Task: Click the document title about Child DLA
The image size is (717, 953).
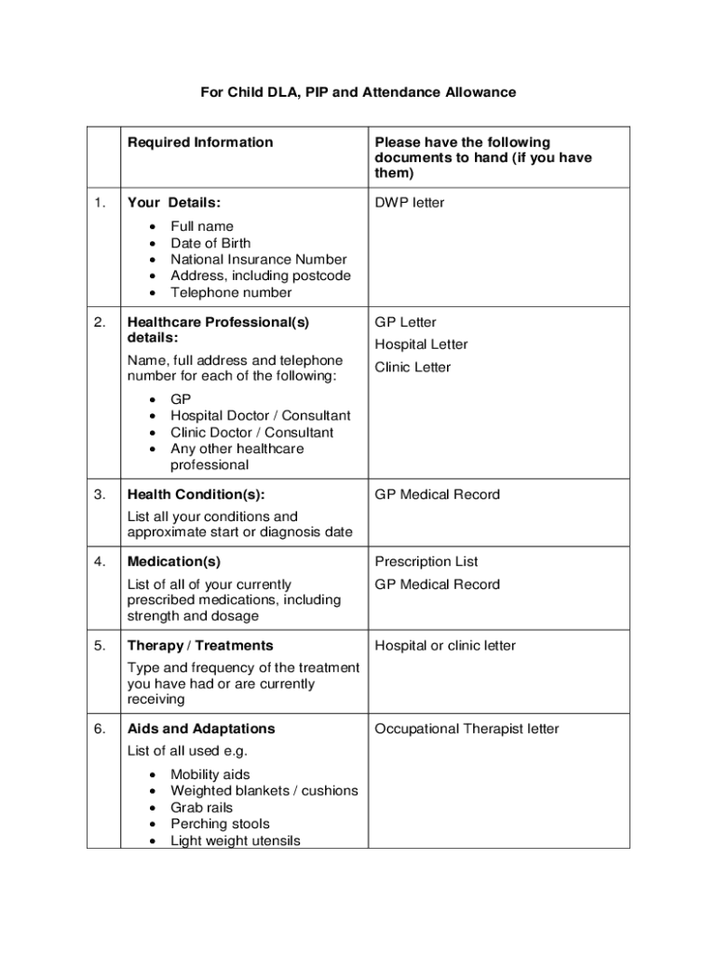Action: [x=358, y=93]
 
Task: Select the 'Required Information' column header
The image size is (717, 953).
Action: [x=200, y=142]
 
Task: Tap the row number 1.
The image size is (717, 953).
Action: [x=101, y=203]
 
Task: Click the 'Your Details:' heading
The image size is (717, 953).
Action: [x=174, y=203]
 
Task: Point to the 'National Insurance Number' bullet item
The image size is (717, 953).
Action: [x=258, y=260]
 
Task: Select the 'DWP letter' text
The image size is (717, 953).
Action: [x=410, y=203]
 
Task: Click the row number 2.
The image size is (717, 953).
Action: [x=101, y=322]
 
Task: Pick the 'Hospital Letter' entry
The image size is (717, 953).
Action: [x=421, y=344]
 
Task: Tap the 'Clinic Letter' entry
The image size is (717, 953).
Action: [x=413, y=367]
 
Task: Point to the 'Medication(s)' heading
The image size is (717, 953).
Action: [x=174, y=562]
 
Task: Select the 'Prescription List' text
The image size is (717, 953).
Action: [x=426, y=562]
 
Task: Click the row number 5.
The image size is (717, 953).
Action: [x=101, y=646]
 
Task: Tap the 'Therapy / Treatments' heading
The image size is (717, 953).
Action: [x=200, y=646]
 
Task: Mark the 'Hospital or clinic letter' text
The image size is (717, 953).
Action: [x=445, y=646]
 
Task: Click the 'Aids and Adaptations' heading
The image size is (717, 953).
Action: [x=201, y=729]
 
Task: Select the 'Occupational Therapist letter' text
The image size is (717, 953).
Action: [x=467, y=729]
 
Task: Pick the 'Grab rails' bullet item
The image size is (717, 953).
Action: [x=201, y=808]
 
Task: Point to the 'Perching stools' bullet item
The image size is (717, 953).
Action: [x=220, y=824]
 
